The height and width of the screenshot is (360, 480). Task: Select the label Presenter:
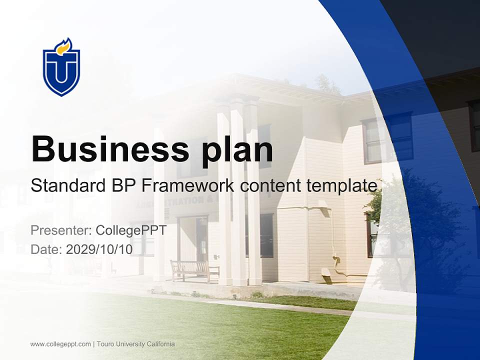click(61, 230)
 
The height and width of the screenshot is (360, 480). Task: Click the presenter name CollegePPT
click(130, 230)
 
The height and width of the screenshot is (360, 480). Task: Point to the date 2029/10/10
click(99, 249)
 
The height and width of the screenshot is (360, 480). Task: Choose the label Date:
click(46, 249)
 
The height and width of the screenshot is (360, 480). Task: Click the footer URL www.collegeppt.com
click(60, 344)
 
